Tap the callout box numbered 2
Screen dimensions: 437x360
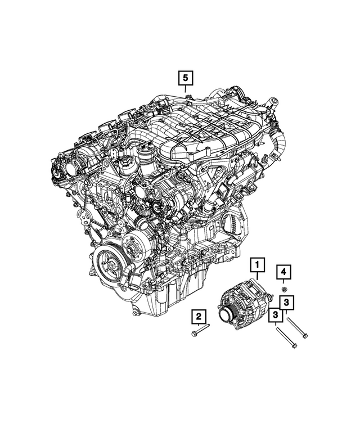click(x=199, y=317)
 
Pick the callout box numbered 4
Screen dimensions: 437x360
click(x=284, y=273)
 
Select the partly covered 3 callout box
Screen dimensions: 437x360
click(x=287, y=303)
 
